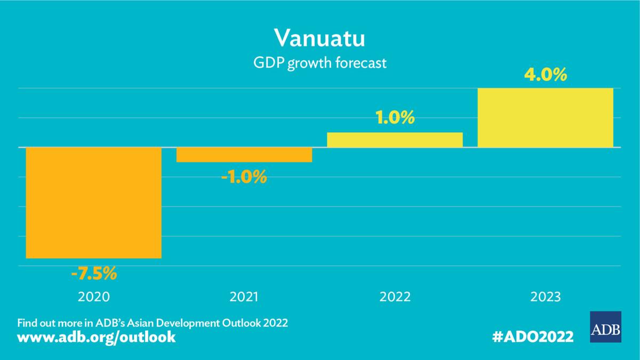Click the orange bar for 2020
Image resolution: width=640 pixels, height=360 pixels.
pos(94,203)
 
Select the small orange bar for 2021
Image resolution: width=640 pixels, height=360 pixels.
pos(244,155)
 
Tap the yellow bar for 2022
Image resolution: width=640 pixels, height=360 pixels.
pos(395,140)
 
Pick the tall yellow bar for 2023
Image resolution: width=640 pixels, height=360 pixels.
pos(545,117)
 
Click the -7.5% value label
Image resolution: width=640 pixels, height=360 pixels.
pos(94,274)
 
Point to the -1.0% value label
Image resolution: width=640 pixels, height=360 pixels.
pos(244,177)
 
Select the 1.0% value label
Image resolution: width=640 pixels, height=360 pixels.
pos(395,118)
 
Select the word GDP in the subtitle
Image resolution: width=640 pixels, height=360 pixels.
pos(269,63)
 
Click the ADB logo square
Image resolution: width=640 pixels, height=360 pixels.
pos(605,326)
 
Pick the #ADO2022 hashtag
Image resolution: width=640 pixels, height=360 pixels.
pos(533,337)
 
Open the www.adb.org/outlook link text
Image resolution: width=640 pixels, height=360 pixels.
pos(97,338)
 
